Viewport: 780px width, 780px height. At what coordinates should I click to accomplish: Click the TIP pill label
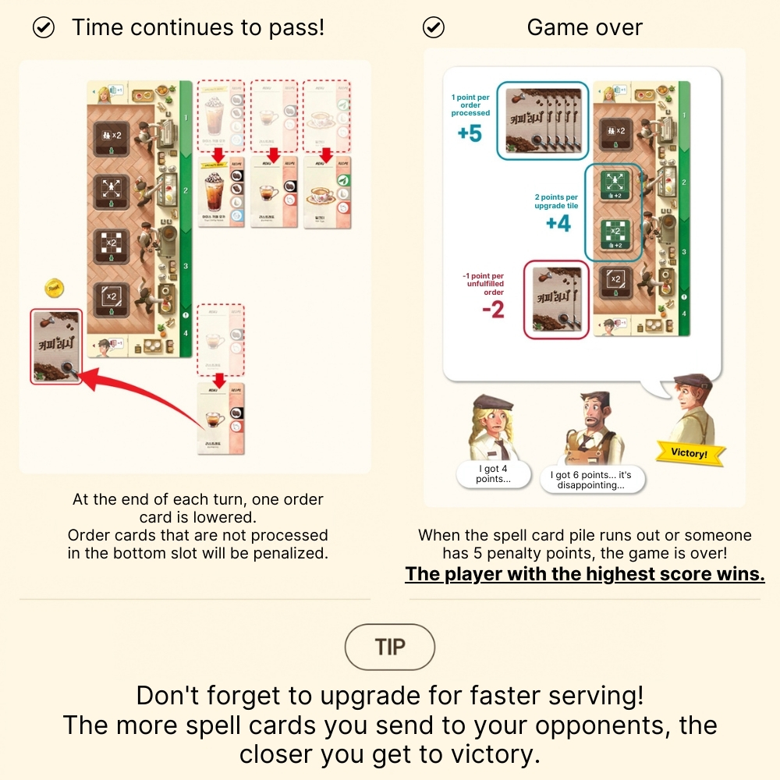click(x=390, y=647)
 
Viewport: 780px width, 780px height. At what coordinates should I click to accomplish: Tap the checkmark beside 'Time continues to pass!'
click(x=44, y=28)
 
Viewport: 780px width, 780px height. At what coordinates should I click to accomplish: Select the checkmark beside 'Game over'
click(x=433, y=28)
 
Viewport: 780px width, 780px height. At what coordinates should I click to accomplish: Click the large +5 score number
click(x=470, y=133)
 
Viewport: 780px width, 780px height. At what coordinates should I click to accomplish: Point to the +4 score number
click(x=558, y=224)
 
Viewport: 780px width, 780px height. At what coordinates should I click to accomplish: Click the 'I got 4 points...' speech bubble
click(x=492, y=474)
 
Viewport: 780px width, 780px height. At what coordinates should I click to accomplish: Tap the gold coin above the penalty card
click(x=54, y=288)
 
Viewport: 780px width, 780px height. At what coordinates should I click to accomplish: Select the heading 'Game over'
click(x=584, y=28)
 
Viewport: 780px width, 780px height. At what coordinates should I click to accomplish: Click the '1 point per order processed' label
click(x=470, y=105)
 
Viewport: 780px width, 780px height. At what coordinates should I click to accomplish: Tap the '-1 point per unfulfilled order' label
click(x=484, y=284)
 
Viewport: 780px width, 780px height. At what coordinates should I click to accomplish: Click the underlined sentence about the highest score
click(x=585, y=574)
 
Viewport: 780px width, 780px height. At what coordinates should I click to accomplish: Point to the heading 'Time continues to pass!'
click(x=198, y=28)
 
